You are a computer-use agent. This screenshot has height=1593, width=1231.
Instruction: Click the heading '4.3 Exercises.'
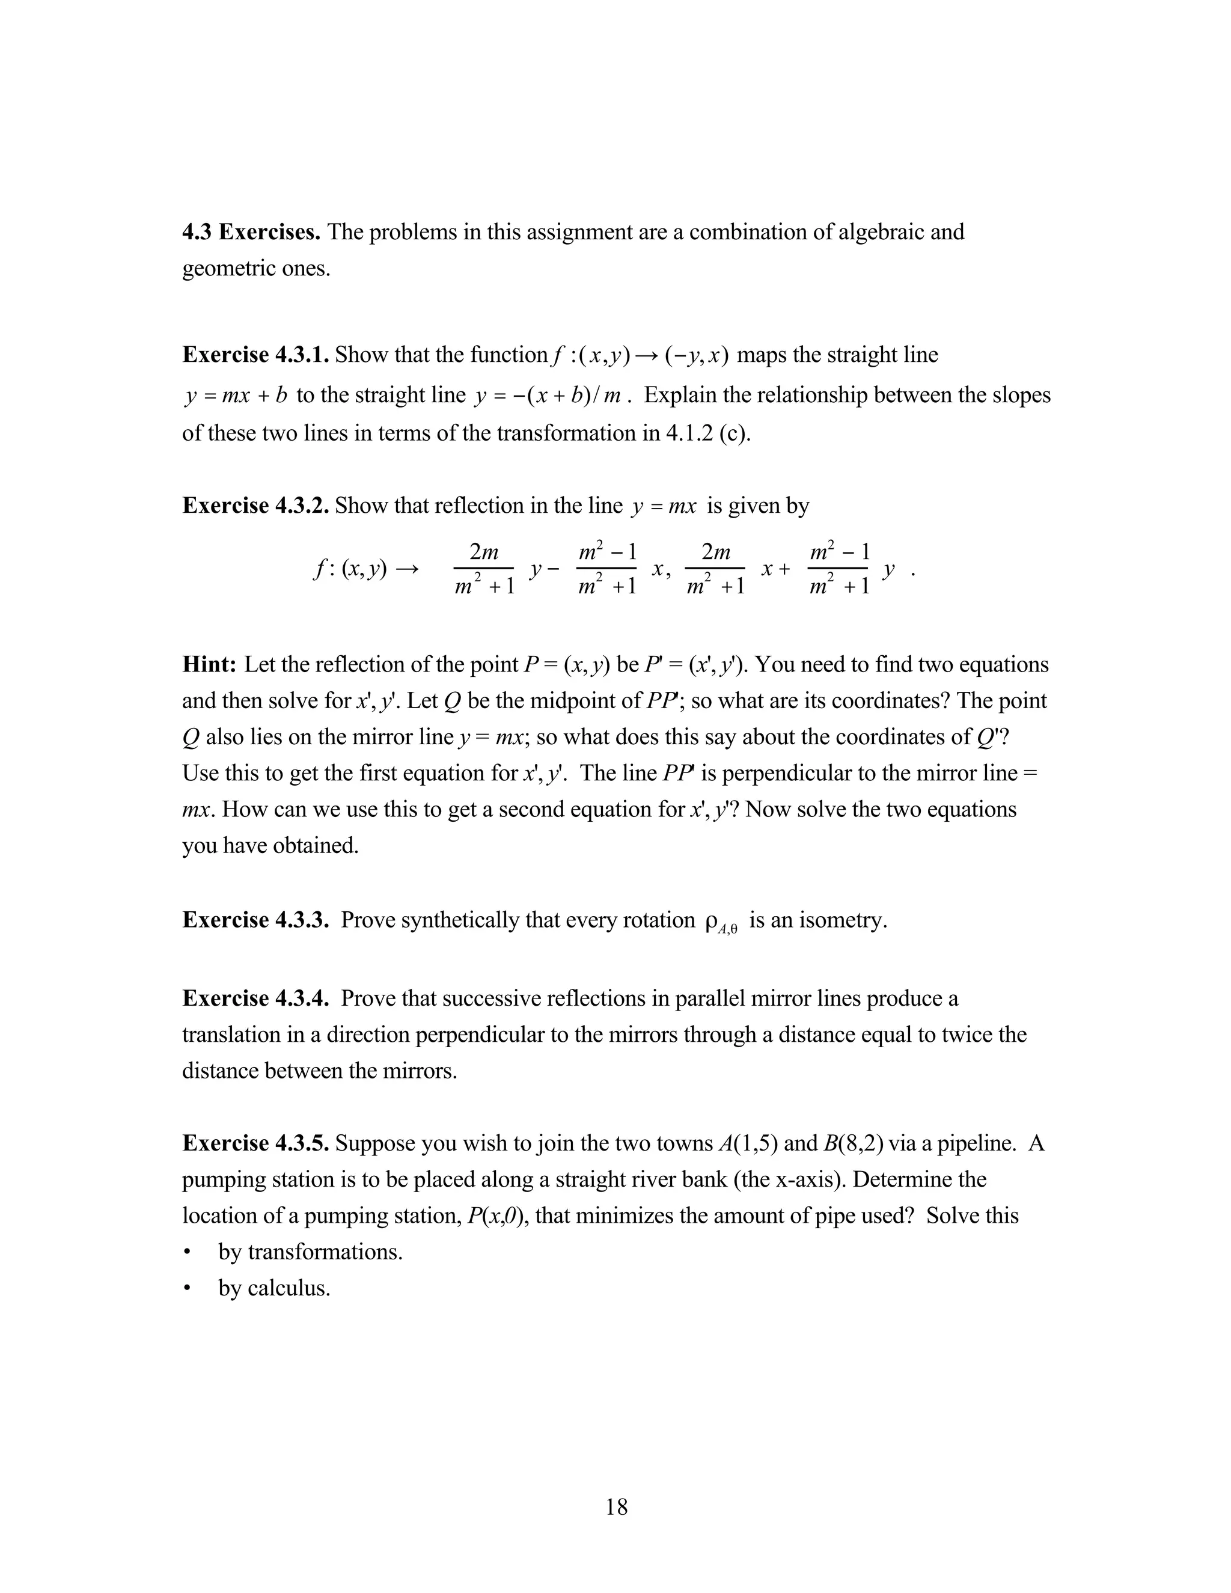(251, 232)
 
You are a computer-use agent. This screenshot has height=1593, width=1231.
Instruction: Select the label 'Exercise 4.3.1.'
(255, 355)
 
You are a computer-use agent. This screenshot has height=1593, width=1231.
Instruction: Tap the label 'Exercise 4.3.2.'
(255, 506)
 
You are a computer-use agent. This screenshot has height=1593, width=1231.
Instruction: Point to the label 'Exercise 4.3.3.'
(255, 920)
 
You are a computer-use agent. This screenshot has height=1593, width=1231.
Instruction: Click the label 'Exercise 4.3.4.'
(255, 998)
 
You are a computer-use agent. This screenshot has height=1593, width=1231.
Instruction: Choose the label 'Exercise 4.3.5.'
(255, 1143)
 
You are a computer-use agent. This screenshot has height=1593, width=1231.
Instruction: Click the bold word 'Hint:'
(209, 664)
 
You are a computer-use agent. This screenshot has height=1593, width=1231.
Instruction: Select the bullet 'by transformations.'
(310, 1252)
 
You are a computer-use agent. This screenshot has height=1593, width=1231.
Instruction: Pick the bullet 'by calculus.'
(274, 1288)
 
